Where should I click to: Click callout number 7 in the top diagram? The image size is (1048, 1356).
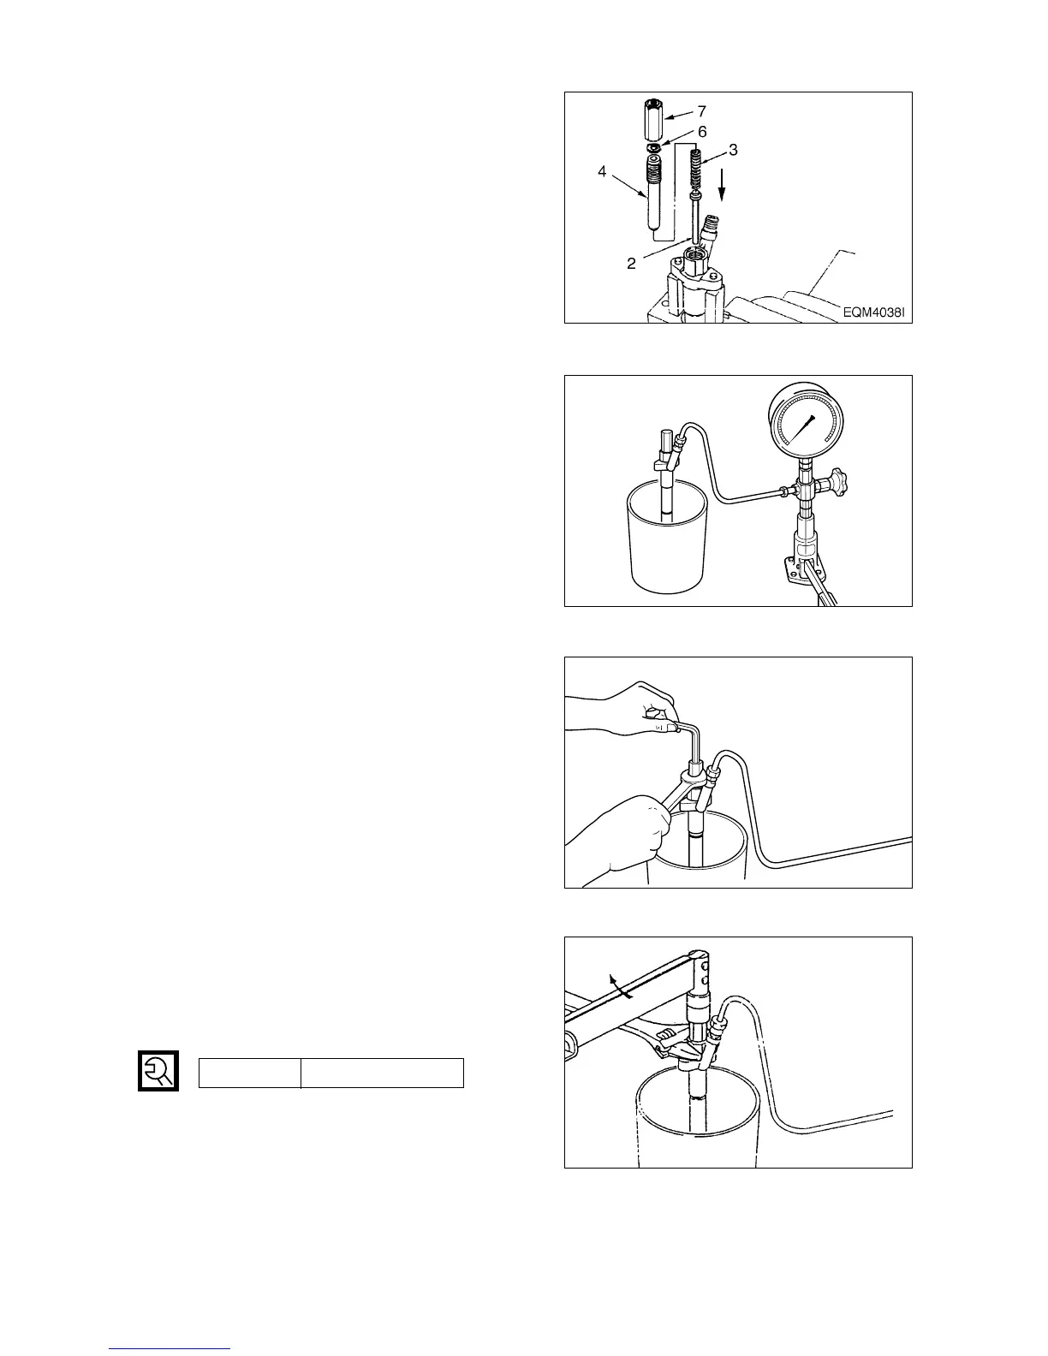pyautogui.click(x=702, y=111)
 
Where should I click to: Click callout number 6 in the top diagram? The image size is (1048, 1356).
pyautogui.click(x=702, y=132)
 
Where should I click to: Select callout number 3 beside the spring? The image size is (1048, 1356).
pyautogui.click(x=734, y=150)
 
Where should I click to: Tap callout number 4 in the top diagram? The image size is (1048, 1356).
pyautogui.click(x=602, y=172)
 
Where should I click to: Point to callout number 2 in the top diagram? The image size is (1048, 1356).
pyautogui.click(x=631, y=264)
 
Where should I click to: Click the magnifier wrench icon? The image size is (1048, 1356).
pyautogui.click(x=158, y=1070)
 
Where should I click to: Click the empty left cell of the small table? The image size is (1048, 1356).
pyautogui.click(x=250, y=1073)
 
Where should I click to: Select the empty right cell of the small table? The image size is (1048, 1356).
pyautogui.click(x=382, y=1073)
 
